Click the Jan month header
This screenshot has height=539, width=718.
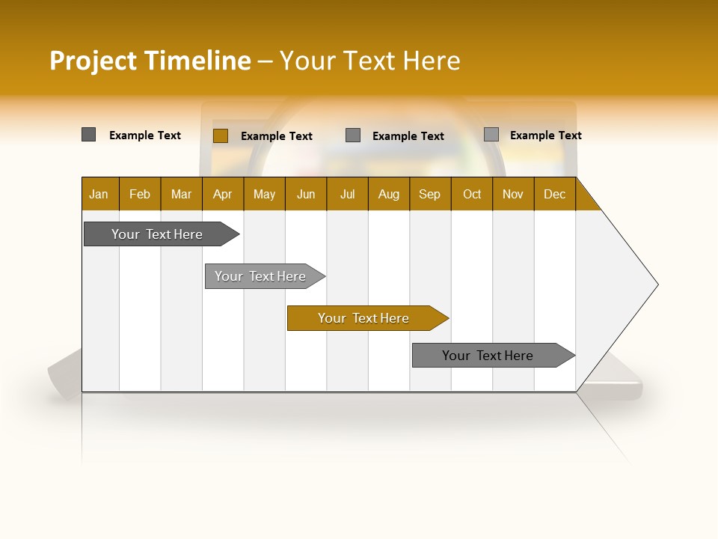[99, 194]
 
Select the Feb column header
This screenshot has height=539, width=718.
[140, 194]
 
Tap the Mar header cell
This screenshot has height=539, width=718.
[181, 194]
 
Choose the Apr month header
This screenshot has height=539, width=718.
[223, 194]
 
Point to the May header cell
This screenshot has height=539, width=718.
[264, 194]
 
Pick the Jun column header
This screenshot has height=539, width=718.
[306, 194]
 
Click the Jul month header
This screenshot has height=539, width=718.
[347, 194]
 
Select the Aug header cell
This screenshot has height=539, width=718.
[389, 194]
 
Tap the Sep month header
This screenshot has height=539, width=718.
[430, 194]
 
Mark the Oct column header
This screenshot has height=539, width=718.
[472, 194]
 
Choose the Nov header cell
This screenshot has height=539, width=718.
[513, 194]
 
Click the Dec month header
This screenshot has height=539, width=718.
[555, 194]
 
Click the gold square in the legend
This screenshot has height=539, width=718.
[221, 135]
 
